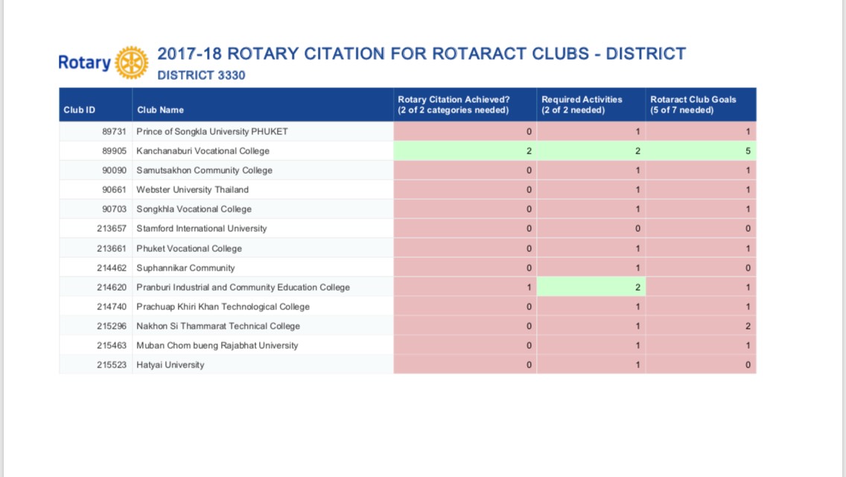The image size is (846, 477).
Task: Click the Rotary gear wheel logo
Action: click(132, 63)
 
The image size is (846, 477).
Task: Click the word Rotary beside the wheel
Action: click(85, 63)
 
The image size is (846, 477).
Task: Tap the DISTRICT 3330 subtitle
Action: click(201, 75)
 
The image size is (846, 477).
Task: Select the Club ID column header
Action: click(79, 110)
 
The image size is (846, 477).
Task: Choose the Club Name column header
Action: click(160, 110)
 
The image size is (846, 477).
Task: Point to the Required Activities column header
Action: click(582, 105)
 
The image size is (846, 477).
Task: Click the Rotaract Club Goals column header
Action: click(693, 105)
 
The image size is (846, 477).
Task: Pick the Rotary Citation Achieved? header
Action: click(454, 105)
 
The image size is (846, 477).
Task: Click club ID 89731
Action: click(114, 131)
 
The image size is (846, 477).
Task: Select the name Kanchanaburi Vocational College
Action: click(203, 151)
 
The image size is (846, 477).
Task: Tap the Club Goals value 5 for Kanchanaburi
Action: click(748, 151)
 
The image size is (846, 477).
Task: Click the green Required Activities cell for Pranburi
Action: click(591, 287)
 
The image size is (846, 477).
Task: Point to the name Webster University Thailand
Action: click(193, 189)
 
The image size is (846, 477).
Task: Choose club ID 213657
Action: click(112, 229)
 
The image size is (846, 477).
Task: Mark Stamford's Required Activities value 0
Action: click(637, 229)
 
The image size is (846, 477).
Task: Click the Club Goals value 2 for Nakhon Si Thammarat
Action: click(748, 326)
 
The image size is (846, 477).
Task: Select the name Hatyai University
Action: click(171, 364)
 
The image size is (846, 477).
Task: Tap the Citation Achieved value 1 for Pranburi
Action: click(529, 287)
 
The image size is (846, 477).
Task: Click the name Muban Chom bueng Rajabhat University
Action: click(217, 345)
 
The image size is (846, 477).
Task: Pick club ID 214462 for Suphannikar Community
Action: click(112, 268)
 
